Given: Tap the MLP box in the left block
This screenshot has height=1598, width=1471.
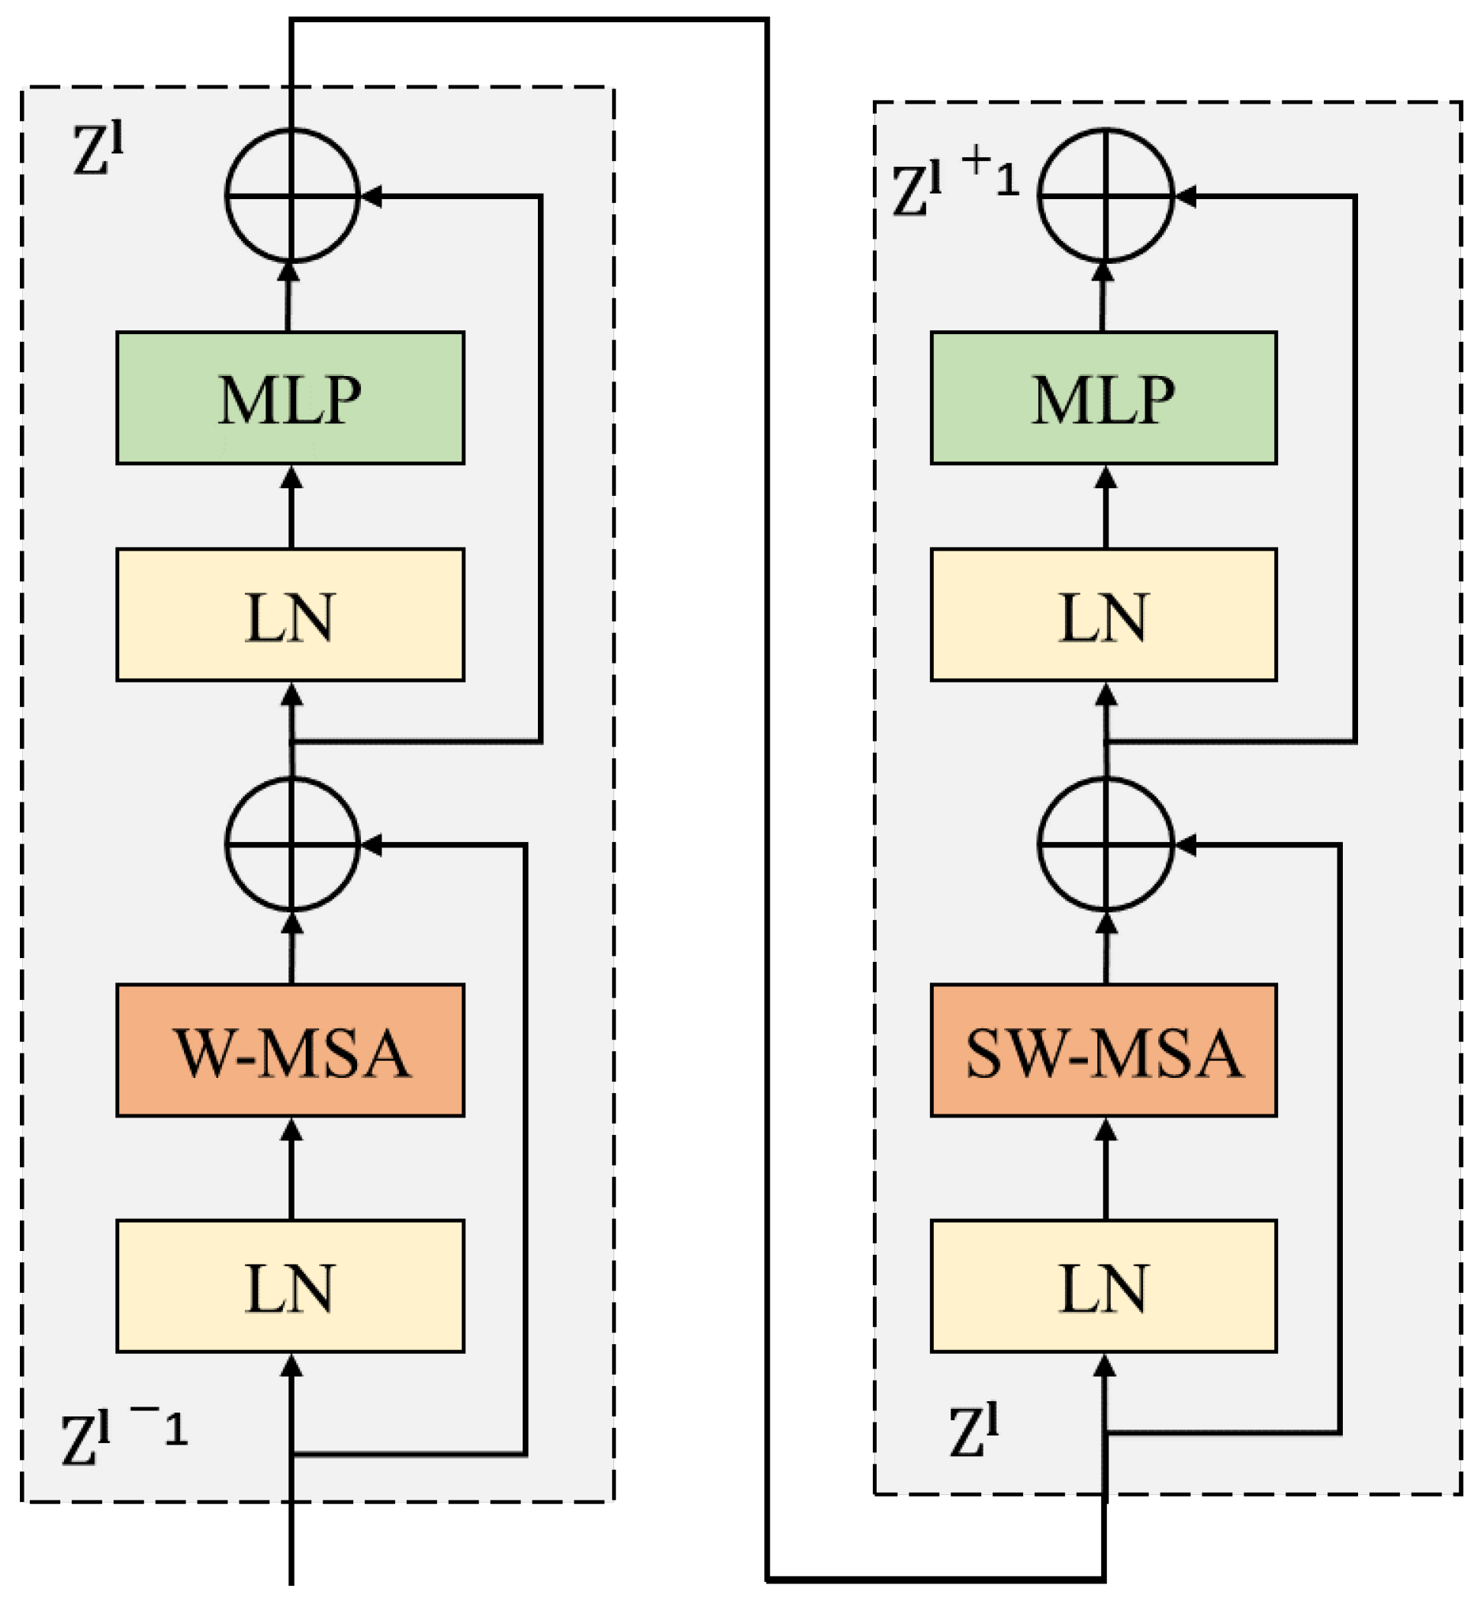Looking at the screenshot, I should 290,398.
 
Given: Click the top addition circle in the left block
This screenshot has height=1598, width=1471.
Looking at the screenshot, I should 292,195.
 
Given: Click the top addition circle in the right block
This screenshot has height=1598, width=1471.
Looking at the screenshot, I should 1106,195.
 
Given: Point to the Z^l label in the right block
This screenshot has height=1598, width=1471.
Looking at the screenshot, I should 973,1432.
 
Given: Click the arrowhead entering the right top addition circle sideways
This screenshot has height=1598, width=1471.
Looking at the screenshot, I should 1185,196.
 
